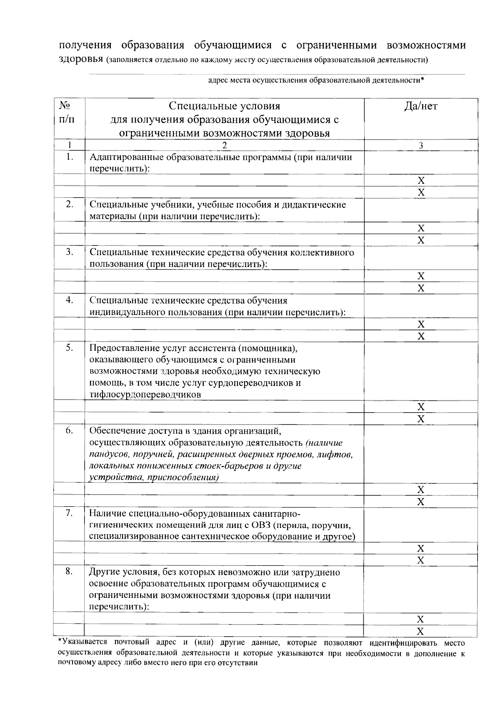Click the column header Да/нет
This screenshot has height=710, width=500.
421,106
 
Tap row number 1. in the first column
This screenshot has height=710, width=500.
70,157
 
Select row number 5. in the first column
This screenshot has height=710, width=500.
70,348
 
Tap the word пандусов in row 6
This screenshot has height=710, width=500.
107,454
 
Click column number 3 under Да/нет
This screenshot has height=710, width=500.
421,145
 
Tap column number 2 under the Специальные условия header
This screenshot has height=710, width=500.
225,145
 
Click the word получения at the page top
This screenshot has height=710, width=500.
85,45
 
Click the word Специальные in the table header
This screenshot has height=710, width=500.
197,106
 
